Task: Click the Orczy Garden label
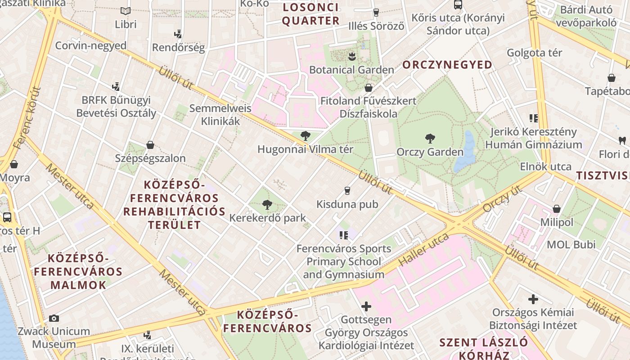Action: [430, 152]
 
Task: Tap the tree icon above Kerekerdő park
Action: [267, 205]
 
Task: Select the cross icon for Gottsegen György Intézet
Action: [366, 306]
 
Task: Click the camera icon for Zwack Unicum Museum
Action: [54, 319]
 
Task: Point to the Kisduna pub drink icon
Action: [347, 191]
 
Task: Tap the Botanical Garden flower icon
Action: [351, 56]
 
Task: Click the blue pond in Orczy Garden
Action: [465, 153]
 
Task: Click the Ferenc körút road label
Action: [27, 118]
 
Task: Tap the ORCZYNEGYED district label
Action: [447, 65]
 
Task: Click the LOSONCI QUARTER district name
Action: [310, 14]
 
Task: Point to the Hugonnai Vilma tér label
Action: [305, 149]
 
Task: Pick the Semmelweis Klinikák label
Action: [220, 115]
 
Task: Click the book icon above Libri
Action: [126, 11]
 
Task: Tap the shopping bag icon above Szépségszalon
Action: [150, 145]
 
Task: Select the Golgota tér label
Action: [534, 53]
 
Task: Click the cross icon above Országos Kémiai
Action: [533, 299]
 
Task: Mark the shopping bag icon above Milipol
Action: [557, 209]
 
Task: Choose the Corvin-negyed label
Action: [91, 45]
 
